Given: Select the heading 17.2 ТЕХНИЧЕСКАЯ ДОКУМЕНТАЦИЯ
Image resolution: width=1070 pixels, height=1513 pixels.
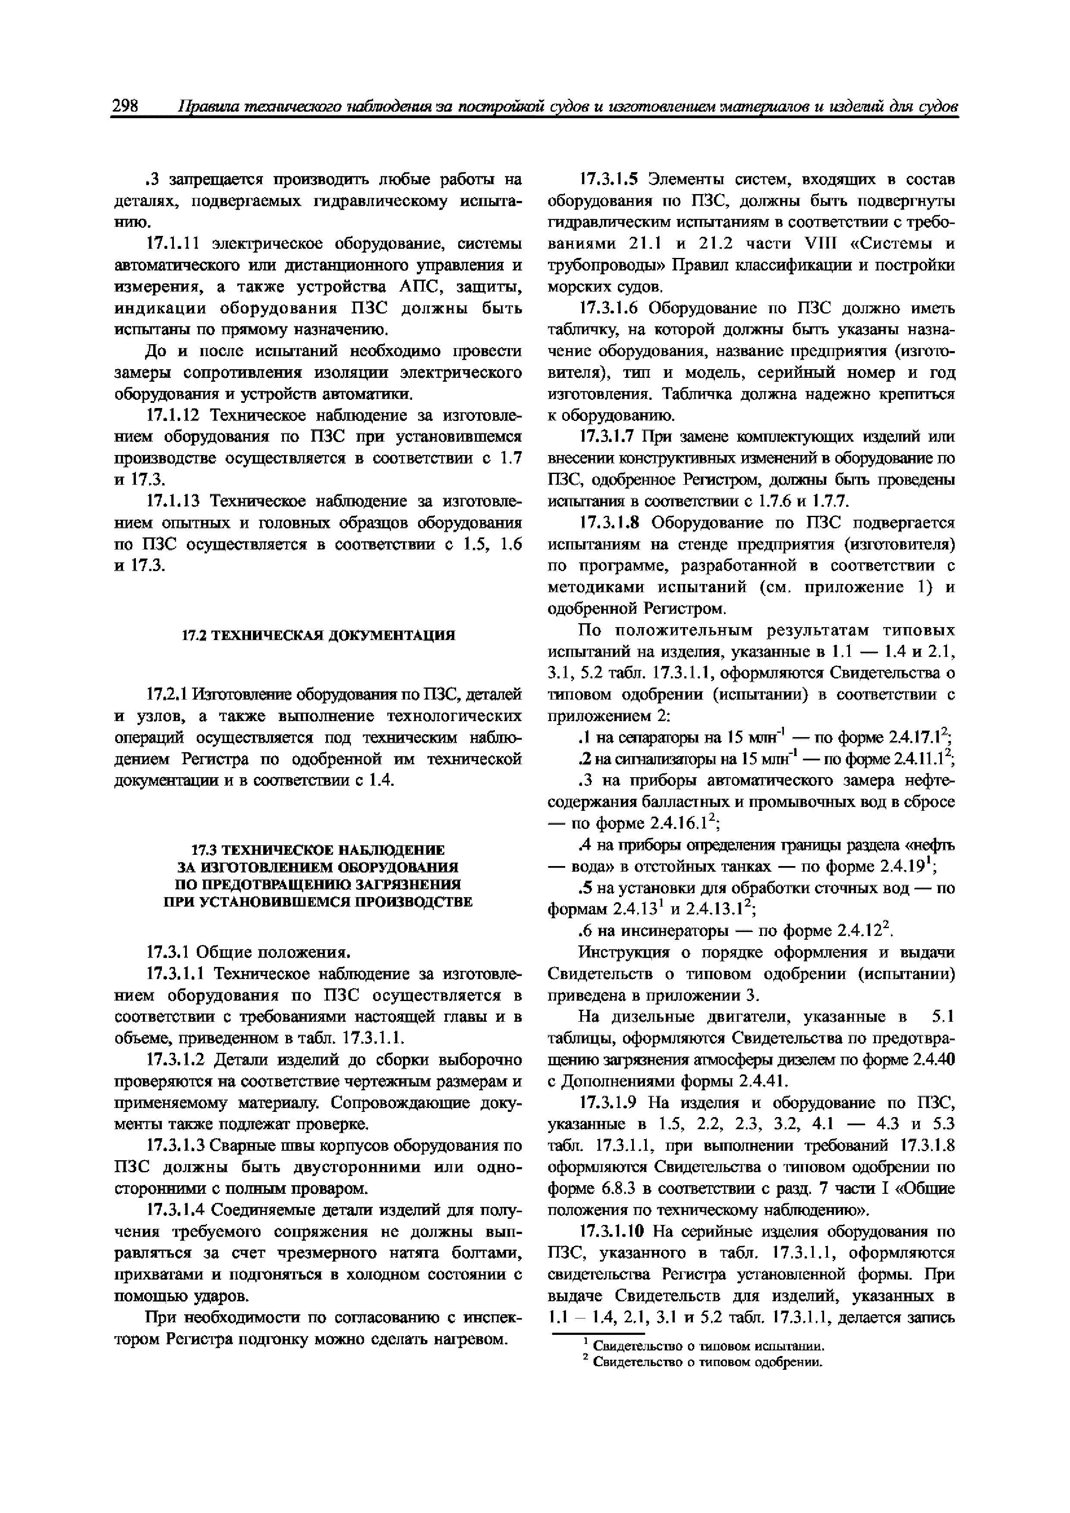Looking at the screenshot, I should coord(318,635).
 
